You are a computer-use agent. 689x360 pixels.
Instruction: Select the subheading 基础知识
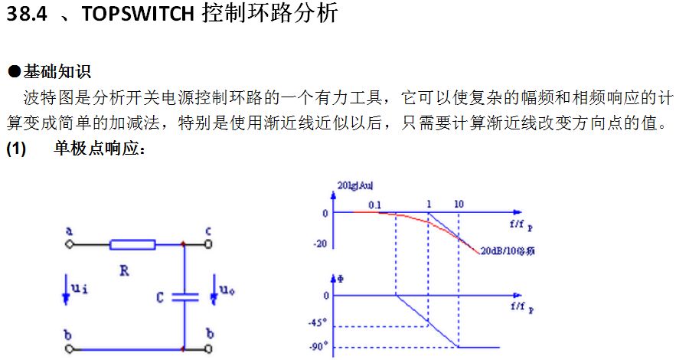pos(57,72)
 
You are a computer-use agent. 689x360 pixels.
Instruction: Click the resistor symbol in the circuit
pos(133,245)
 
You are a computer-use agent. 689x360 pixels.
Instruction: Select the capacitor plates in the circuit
pos(184,296)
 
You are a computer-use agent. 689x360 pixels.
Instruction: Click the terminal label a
pos(69,231)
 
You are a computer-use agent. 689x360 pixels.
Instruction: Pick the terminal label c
pos(207,230)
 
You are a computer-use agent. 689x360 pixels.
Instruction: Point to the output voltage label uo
pos(227,290)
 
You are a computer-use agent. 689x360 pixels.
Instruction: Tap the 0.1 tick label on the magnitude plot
pos(374,205)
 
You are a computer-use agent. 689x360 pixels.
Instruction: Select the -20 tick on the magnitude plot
pos(322,244)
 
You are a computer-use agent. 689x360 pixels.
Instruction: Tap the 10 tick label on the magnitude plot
pos(458,205)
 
